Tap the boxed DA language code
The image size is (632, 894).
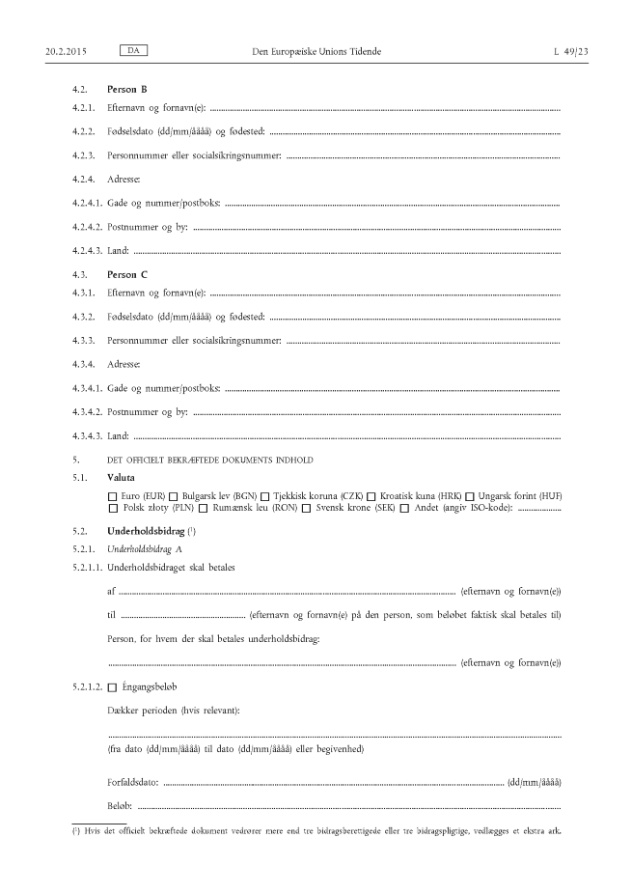(x=129, y=48)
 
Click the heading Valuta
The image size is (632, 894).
(x=122, y=478)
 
